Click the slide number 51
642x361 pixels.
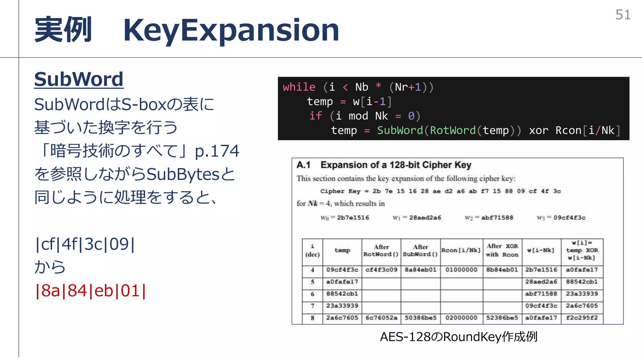point(623,15)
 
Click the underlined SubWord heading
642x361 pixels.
point(79,79)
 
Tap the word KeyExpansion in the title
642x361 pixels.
point(231,30)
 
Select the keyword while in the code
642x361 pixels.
point(299,87)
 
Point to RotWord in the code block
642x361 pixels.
point(452,130)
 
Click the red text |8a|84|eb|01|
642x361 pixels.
point(90,291)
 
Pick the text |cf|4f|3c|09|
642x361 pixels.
point(85,244)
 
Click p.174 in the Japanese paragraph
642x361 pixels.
point(217,151)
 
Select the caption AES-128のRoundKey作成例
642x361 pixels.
point(459,337)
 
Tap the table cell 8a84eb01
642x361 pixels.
point(420,270)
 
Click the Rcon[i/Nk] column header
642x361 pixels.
point(461,250)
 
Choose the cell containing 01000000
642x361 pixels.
point(461,270)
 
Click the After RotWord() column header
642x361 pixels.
point(381,250)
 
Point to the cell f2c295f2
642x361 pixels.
point(582,318)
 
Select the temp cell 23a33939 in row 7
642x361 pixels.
point(342,306)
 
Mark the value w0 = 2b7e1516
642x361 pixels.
point(345,218)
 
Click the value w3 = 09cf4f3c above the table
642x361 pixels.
point(561,218)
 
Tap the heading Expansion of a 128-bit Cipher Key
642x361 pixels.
point(396,165)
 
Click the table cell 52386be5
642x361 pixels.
point(502,318)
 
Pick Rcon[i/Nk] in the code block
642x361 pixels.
point(587,130)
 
